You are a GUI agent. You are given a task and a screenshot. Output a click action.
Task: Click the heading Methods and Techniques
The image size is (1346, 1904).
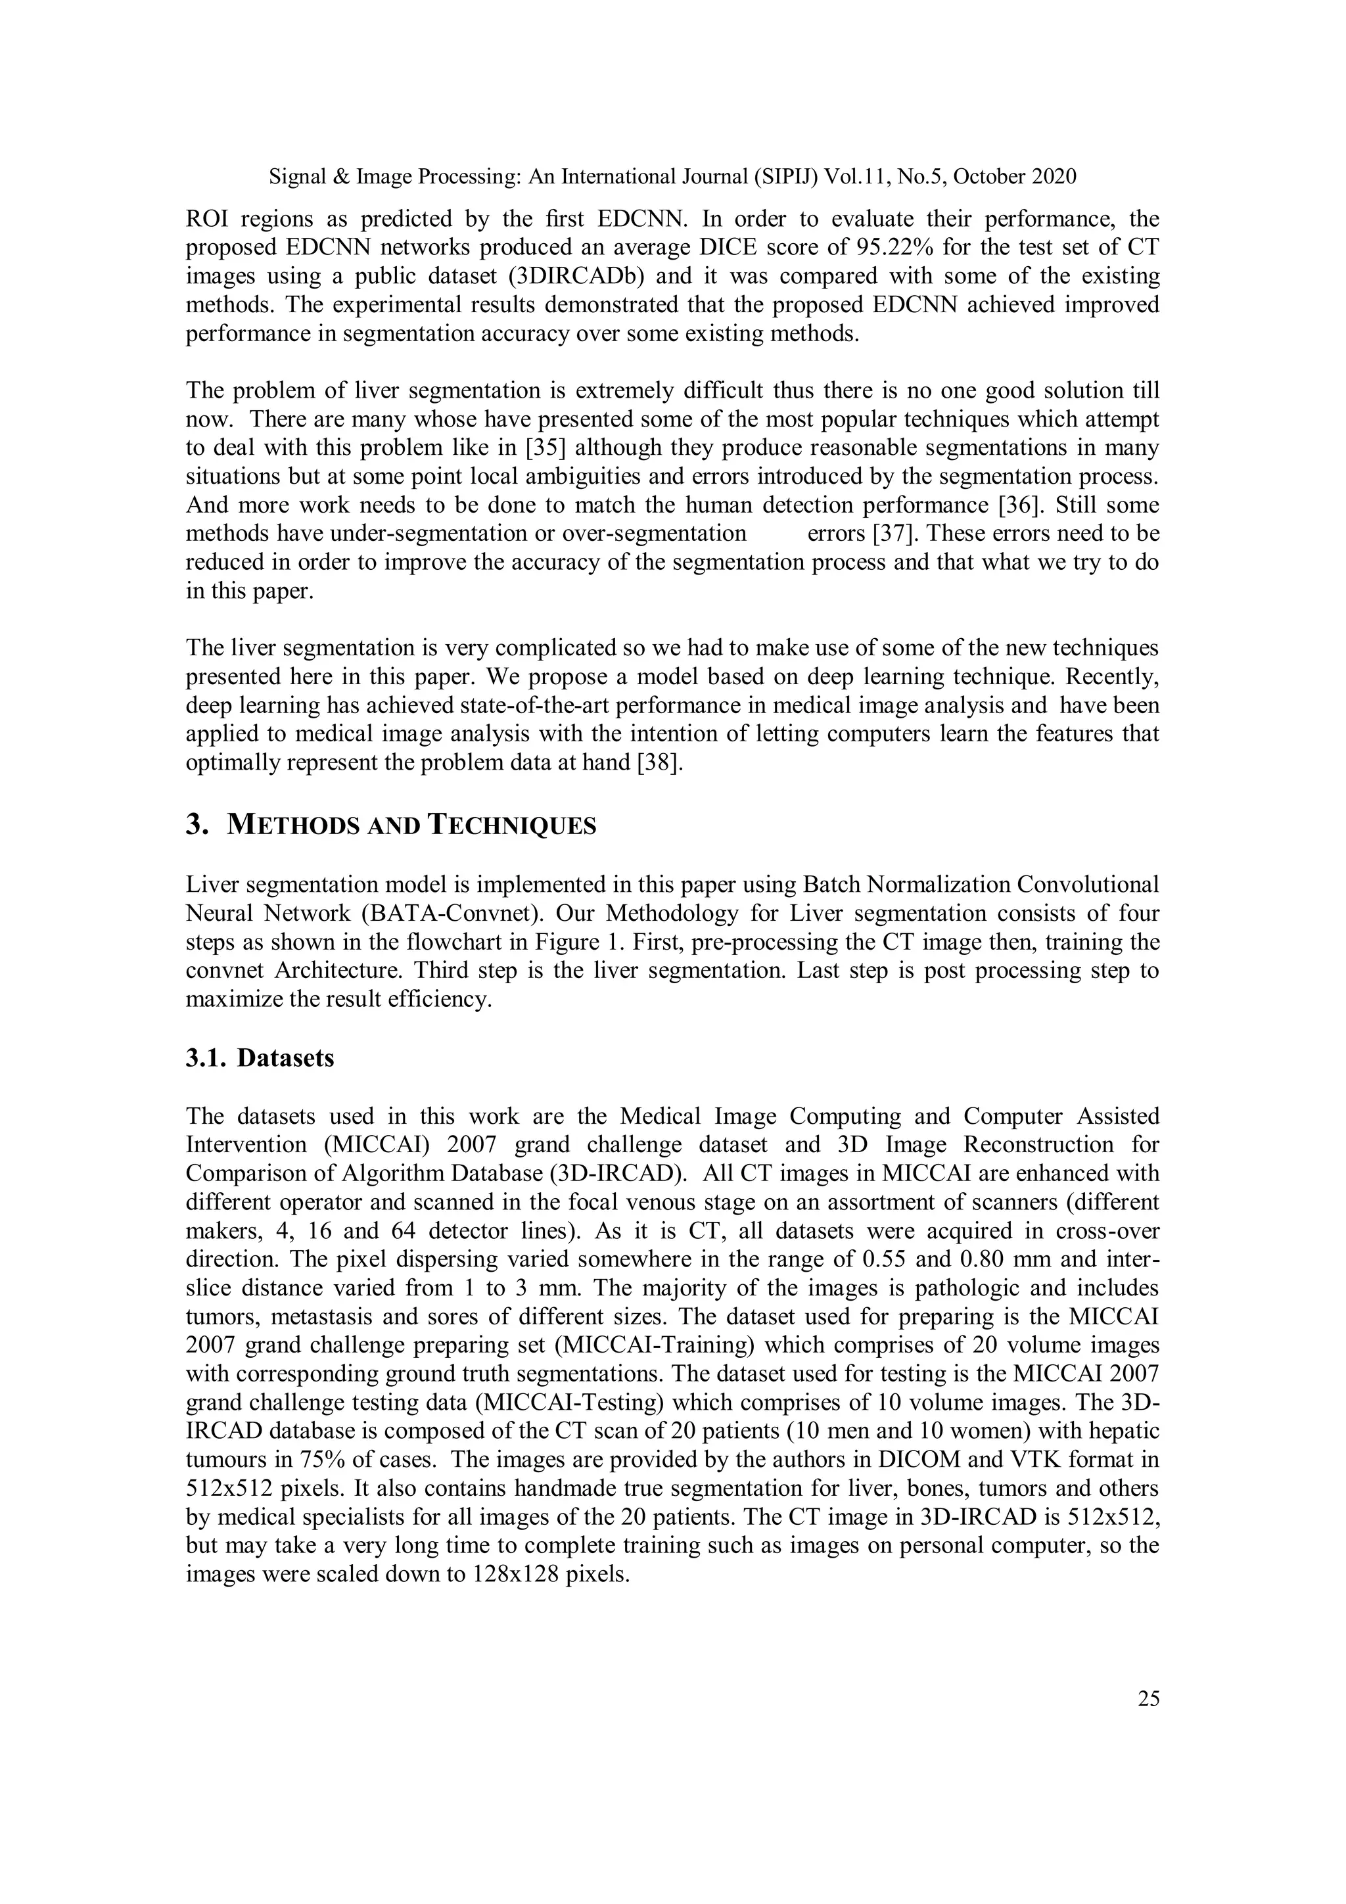click(411, 826)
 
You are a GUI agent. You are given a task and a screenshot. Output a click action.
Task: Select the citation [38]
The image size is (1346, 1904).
click(659, 762)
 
